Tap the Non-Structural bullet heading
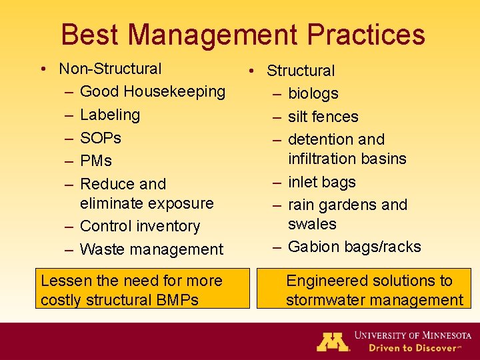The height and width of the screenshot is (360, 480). coord(110,69)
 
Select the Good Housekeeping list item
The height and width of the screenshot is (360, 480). coord(152,91)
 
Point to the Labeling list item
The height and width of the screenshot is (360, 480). coord(110,115)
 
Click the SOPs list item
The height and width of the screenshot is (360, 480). coord(101,138)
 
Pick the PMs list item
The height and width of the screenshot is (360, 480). coord(96,161)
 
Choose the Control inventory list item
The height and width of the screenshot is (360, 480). coord(139,227)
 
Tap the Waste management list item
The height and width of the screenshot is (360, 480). coord(151,249)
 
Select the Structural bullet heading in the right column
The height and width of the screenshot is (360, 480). coord(301,71)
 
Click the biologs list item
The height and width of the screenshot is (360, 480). coord(313,94)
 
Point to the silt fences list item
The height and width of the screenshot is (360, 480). coord(323,117)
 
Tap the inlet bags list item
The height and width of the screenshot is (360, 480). coord(321,182)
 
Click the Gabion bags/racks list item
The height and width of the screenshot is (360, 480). coord(354,247)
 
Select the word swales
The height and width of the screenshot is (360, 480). coord(312,224)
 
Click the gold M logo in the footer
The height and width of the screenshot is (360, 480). coord(333,341)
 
